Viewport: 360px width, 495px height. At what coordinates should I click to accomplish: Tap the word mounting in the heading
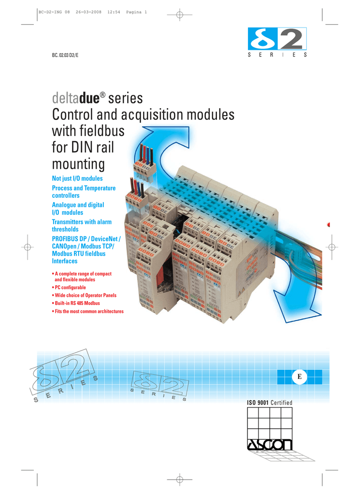tap(78, 164)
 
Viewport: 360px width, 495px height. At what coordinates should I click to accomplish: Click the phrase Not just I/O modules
tap(77, 178)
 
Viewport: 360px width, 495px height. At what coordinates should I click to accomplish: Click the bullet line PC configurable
tap(70, 287)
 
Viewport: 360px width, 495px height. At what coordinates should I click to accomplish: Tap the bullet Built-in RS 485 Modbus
tap(79, 303)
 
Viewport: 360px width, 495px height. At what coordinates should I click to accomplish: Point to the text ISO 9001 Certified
tap(270, 403)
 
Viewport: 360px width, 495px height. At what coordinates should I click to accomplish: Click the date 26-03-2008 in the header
tap(88, 13)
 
